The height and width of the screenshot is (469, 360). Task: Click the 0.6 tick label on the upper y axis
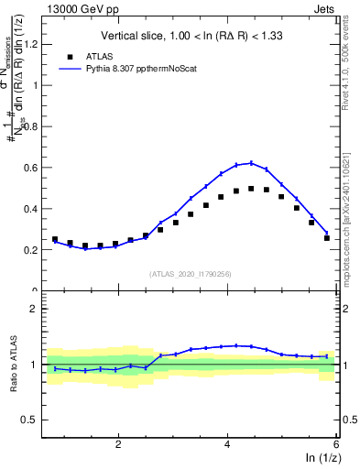click(33, 168)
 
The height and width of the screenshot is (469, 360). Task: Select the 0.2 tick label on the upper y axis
click(33, 249)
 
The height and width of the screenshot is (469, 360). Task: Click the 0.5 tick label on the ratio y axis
click(33, 420)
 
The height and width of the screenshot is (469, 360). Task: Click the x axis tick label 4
click(227, 444)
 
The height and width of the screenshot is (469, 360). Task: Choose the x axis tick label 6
click(336, 444)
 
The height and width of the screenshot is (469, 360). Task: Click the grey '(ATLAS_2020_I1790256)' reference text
click(190, 273)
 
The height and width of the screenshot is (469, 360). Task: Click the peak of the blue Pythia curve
click(251, 163)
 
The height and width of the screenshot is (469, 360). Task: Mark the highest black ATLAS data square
click(251, 189)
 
